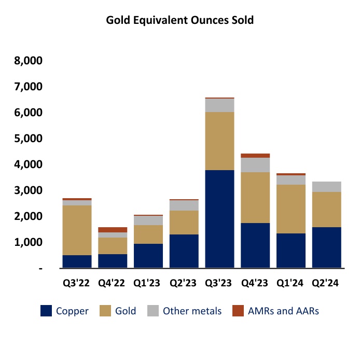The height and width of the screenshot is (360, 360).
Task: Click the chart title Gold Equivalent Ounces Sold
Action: coord(179,21)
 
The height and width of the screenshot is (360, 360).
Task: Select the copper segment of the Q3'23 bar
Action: coord(219,218)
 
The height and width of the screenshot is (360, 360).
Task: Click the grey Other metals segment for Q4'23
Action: coord(255,165)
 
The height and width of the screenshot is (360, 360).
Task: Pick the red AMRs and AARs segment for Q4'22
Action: coord(113,230)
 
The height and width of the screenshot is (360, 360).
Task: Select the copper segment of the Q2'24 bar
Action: coord(326,247)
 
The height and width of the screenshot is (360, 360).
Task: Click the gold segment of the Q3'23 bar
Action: coord(219,141)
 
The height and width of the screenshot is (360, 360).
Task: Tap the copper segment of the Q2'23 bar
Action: coord(184,251)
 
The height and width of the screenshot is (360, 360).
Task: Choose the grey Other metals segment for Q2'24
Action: coord(326,187)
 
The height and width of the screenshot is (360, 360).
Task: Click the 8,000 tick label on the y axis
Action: coord(29,61)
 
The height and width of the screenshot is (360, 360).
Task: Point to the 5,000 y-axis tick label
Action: coord(29,139)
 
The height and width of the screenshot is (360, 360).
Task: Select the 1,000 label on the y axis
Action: coord(29,242)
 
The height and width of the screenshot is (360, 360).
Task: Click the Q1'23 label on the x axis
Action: coord(148,283)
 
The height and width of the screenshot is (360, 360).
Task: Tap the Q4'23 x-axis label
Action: coord(255,283)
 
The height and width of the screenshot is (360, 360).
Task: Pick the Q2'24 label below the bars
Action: coord(326,283)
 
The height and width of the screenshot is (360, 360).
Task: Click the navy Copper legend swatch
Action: coord(46,311)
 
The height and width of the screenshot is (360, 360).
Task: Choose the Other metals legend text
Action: coord(192,311)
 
